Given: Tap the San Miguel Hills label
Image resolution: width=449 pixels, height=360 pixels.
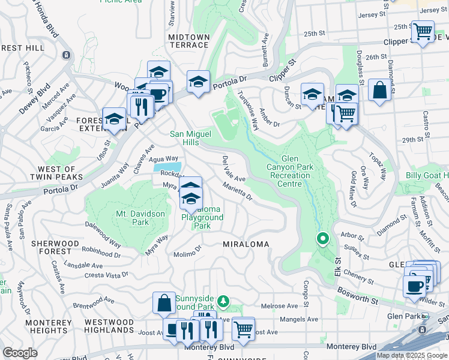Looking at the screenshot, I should pos(192,138).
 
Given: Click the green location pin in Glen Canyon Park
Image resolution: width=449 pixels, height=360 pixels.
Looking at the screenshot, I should pos(322,239).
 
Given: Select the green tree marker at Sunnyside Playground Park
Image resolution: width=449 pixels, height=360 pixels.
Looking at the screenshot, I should pos(223,300).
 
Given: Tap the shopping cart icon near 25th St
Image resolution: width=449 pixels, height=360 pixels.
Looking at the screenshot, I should pos(424,31).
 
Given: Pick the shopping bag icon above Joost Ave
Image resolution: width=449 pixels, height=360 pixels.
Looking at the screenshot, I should pos(164,304).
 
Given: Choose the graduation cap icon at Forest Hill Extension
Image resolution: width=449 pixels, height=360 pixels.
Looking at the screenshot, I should pos(114,119).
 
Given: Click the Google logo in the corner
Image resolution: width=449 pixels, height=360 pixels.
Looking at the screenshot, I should pos(20,353).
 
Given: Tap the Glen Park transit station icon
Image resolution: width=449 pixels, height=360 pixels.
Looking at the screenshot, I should pos(425,316).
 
